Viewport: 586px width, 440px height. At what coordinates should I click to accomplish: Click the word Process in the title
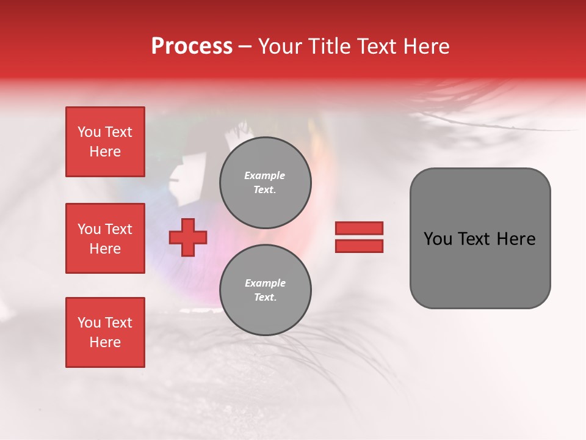(192, 46)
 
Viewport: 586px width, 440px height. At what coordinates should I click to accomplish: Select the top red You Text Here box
(105, 142)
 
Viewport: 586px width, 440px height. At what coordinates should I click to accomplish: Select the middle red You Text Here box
(105, 238)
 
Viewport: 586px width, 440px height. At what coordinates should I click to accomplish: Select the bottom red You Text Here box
(105, 332)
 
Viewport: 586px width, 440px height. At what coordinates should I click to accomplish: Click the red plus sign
(188, 237)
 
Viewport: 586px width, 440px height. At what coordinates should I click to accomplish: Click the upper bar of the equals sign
(359, 228)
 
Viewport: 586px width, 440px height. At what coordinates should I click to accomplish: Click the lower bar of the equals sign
(359, 246)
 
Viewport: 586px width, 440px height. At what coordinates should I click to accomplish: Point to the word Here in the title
(424, 46)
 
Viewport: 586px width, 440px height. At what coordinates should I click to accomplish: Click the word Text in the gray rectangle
(476, 239)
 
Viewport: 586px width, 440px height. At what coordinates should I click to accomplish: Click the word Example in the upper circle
(264, 175)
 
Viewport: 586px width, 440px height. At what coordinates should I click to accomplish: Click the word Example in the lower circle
(265, 283)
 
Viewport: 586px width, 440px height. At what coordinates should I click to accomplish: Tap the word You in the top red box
(89, 132)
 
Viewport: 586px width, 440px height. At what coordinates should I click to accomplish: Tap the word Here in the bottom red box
(105, 342)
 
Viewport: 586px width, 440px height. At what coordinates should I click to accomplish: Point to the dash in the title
(245, 46)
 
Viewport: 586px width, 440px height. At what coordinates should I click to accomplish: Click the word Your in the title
(280, 46)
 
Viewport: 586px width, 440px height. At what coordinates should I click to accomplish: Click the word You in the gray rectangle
(438, 239)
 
